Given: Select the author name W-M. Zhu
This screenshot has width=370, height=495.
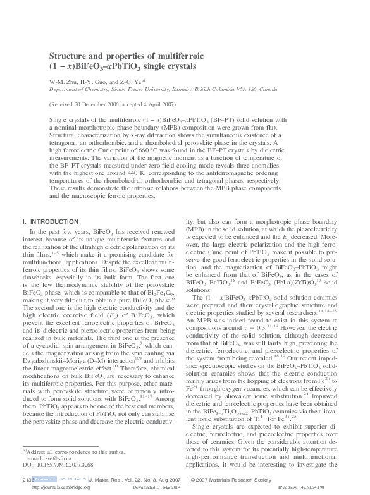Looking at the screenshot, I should (62, 81).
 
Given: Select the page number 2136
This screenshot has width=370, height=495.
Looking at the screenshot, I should (27, 480).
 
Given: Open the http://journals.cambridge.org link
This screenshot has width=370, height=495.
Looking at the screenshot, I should (56, 488).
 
